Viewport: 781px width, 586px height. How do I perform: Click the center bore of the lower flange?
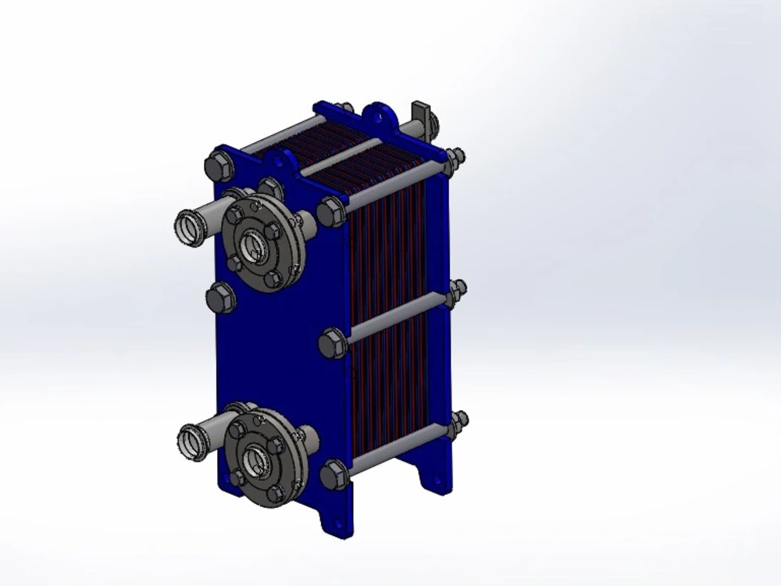(254, 461)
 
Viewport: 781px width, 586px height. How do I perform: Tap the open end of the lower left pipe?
(191, 441)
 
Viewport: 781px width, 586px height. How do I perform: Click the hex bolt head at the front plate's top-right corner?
(331, 212)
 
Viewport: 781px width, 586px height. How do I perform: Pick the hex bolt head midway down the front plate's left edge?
(220, 298)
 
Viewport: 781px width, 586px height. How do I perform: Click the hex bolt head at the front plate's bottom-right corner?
(334, 474)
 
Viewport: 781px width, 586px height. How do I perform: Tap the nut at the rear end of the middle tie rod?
(456, 293)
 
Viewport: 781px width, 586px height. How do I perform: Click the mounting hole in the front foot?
(337, 525)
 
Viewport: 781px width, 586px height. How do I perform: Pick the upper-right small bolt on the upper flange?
(273, 230)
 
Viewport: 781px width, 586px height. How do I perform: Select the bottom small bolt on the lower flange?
(274, 493)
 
